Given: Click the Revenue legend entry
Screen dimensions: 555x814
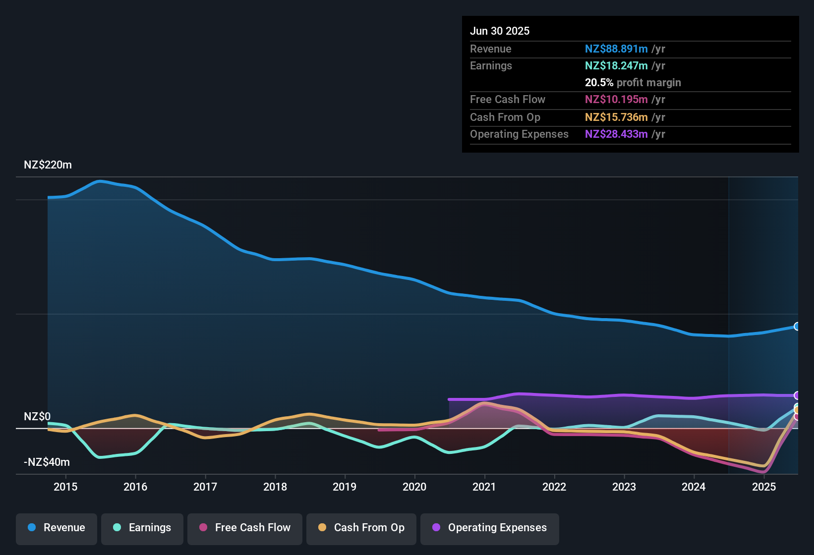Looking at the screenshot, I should (57, 528).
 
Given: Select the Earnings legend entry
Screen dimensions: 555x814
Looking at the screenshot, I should (142, 528).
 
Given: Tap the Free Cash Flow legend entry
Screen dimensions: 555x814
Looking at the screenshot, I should (245, 528).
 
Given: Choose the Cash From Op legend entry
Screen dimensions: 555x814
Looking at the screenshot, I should (361, 528).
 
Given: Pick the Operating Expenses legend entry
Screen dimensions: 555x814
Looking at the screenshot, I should (489, 528).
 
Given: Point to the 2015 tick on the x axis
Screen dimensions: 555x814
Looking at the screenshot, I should (65, 487).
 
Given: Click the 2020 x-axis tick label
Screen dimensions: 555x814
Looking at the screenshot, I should (414, 487).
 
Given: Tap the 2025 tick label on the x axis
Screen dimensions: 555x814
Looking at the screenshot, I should (764, 487).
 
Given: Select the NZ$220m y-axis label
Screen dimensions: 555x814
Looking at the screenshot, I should (48, 165).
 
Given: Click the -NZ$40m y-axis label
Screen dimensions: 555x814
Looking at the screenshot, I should (47, 462).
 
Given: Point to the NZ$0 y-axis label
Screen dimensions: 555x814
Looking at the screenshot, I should (37, 417).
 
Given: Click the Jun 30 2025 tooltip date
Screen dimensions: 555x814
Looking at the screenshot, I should (500, 31).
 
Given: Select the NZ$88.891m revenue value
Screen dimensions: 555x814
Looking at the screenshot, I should (616, 49).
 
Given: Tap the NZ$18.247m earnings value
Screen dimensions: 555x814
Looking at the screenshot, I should (616, 66).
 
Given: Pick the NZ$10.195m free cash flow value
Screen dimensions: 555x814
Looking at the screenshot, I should (616, 100).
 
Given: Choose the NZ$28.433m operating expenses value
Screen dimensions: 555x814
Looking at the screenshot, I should (616, 134).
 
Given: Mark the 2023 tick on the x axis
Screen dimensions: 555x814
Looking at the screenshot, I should (624, 487).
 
